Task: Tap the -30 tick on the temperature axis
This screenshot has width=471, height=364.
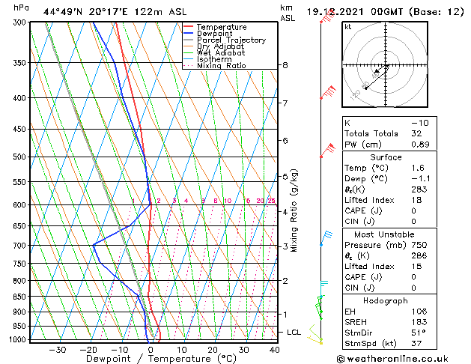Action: pyautogui.click(x=58, y=350)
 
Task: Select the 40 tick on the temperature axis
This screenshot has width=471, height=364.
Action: pyautogui.click(x=275, y=350)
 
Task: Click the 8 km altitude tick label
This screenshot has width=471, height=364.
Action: pyautogui.click(x=285, y=66)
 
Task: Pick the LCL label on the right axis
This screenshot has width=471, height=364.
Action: pyautogui.click(x=294, y=332)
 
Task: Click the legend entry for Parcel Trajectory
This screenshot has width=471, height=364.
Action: pyautogui.click(x=231, y=40)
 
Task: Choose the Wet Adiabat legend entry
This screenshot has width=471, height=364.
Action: pyautogui.click(x=222, y=53)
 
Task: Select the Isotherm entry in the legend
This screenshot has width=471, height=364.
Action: pyautogui.click(x=217, y=59)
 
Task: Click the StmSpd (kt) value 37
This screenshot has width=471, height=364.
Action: pyautogui.click(x=416, y=343)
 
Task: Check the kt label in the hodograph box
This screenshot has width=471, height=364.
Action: pyautogui.click(x=347, y=27)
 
